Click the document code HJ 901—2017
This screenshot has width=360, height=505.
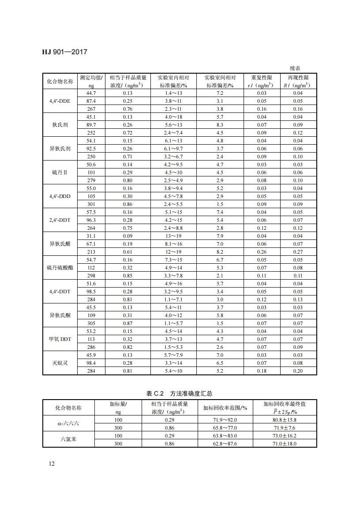[65, 52]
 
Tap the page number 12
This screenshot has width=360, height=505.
[52, 464]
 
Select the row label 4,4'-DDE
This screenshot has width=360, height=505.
[60, 101]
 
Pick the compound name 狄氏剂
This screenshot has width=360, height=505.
[60, 125]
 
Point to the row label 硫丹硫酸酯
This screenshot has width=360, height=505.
[60, 268]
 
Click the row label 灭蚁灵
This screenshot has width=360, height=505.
[60, 363]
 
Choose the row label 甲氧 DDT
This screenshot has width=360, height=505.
[60, 339]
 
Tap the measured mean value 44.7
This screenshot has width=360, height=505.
[91, 94]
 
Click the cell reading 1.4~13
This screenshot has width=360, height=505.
[173, 94]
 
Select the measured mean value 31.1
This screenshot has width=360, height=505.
[91, 236]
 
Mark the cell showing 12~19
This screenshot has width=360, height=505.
[173, 252]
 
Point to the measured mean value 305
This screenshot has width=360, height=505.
[91, 323]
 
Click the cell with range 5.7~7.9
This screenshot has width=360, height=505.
[173, 355]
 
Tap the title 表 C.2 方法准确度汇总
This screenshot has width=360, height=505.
[179, 393]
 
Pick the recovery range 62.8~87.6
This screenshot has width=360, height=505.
[225, 444]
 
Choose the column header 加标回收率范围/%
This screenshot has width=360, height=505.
[225, 408]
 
